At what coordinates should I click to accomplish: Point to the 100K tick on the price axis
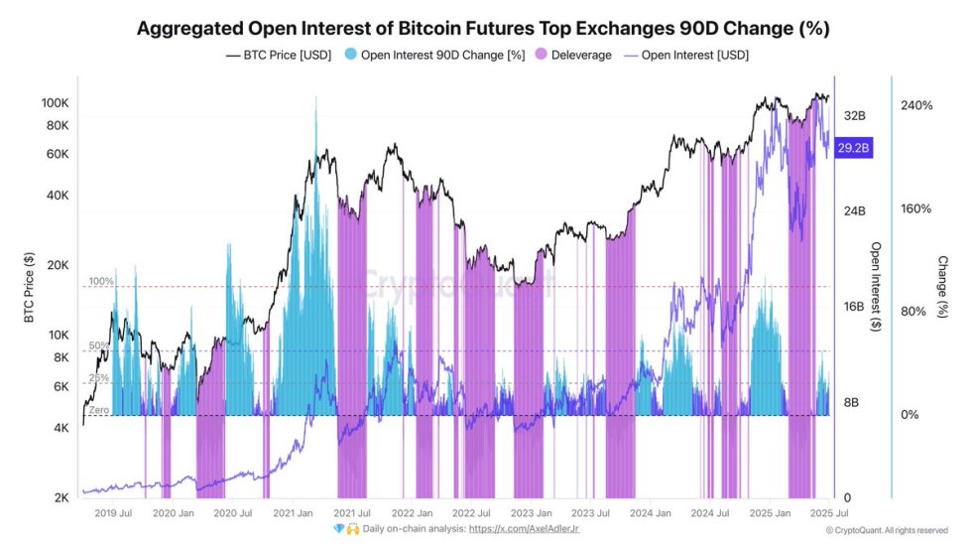pyautogui.click(x=54, y=103)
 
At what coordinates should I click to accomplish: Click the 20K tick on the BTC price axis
pyautogui.click(x=57, y=265)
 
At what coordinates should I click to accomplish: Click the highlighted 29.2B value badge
pyautogui.click(x=853, y=148)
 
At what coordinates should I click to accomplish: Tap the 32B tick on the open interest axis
pyautogui.click(x=854, y=116)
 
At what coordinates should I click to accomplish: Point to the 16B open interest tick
pyautogui.click(x=854, y=307)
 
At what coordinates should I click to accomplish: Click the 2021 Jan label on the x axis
pyautogui.click(x=295, y=513)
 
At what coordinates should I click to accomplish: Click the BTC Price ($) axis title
pyautogui.click(x=29, y=287)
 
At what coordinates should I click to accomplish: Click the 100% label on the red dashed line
pyautogui.click(x=101, y=282)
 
